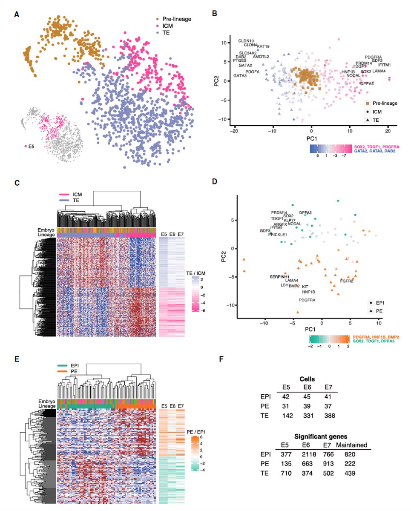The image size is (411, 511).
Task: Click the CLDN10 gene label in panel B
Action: click(246, 40)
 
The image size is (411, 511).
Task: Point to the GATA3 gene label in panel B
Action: click(240, 76)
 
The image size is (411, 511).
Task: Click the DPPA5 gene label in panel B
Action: click(367, 84)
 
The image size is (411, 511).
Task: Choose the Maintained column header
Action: click(352, 445)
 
